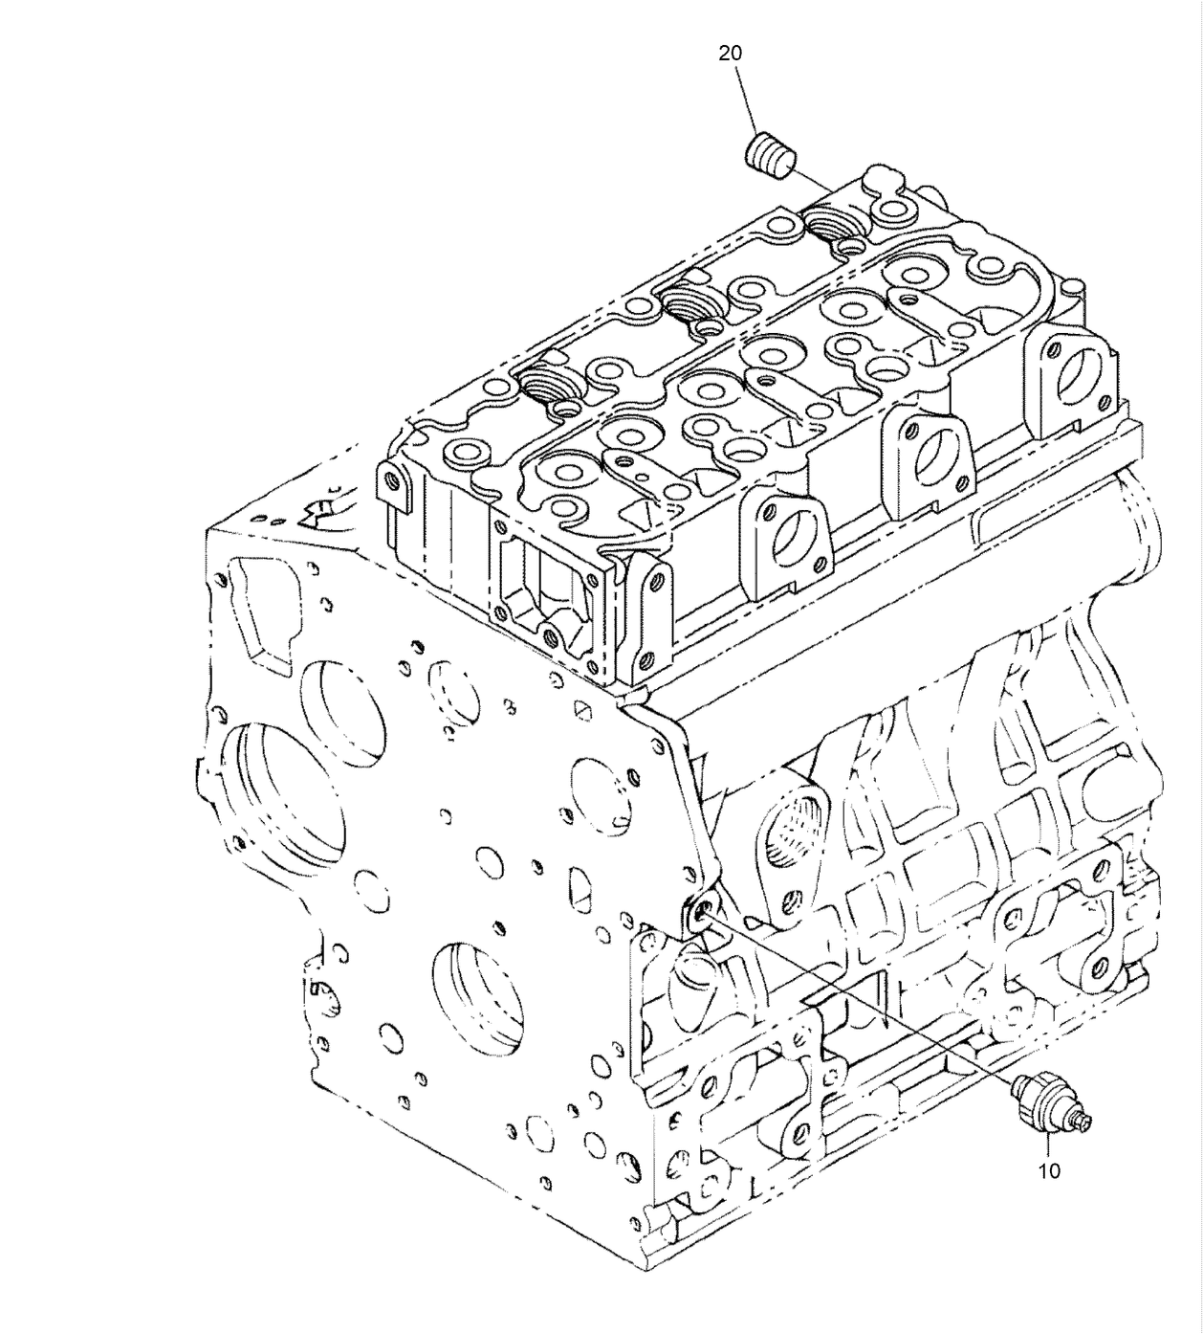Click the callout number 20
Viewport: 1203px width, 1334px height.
(x=730, y=54)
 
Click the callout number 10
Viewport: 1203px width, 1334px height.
(x=1049, y=1170)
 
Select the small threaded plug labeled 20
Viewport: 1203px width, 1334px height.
(x=770, y=155)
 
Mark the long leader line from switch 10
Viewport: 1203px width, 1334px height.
(x=861, y=999)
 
